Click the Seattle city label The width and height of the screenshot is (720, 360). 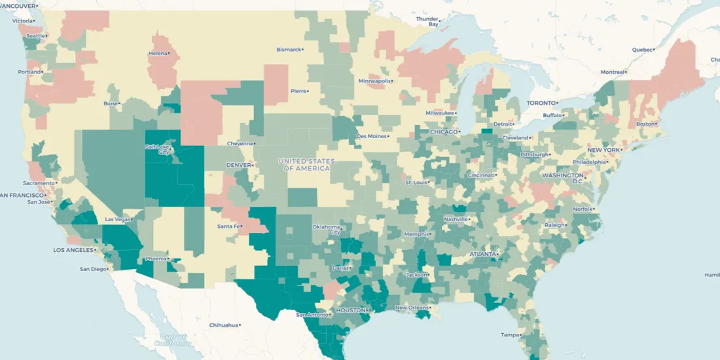click(x=36, y=35)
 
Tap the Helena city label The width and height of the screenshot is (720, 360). click(x=158, y=53)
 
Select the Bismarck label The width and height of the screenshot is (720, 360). click(x=289, y=49)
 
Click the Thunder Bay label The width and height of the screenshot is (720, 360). click(x=427, y=22)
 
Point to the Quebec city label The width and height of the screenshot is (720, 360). click(x=642, y=50)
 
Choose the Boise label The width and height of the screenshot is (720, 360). click(x=111, y=103)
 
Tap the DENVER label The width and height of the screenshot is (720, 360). click(x=238, y=165)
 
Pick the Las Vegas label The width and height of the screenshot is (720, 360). click(x=118, y=219)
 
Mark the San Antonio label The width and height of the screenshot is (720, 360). click(x=310, y=315)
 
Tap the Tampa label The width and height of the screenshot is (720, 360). click(x=510, y=334)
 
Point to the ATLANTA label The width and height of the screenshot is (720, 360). click(x=483, y=254)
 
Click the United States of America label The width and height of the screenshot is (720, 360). click(x=306, y=165)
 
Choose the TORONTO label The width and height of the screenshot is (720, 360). click(x=541, y=103)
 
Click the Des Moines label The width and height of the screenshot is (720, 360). click(x=371, y=136)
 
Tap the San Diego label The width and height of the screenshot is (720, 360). click(x=92, y=269)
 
